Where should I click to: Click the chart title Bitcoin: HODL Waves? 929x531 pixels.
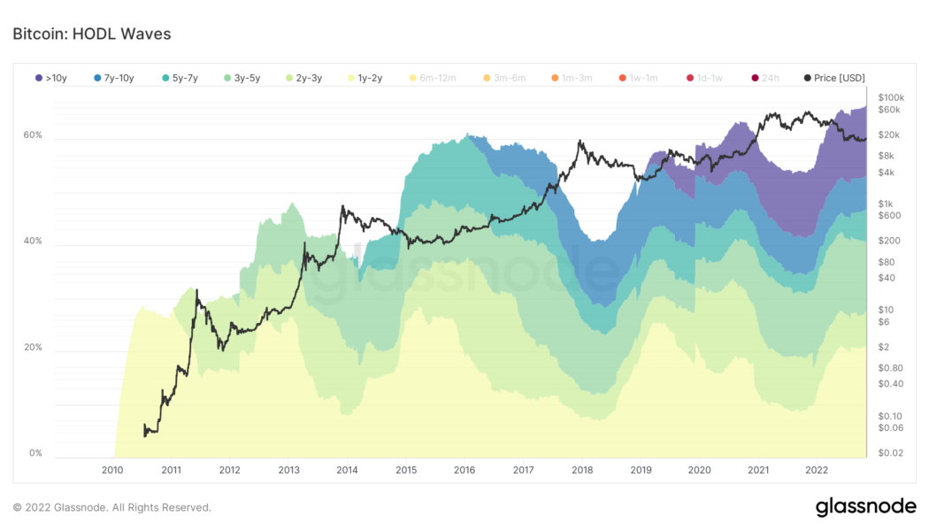91,34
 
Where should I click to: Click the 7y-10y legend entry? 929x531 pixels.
113,78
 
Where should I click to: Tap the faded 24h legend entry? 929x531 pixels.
764,78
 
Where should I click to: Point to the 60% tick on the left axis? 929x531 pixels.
33,135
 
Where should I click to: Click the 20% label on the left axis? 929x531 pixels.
33,347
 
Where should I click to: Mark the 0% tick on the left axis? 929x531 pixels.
35,453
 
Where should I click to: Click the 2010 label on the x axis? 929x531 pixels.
112,470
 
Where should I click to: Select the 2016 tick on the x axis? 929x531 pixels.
464,470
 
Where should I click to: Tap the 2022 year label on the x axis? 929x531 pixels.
816,470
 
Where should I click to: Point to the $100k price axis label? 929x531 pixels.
890,96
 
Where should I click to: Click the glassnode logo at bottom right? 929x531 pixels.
864,507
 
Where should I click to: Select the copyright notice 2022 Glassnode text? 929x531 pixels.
112,507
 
